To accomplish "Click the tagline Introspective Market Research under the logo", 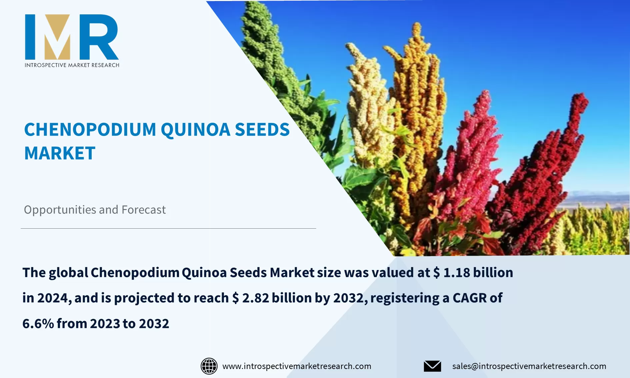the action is coord(72,65).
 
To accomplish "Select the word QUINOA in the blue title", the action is coord(195,130).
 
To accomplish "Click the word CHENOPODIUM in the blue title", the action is coord(90,129).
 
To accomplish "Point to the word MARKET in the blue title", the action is coord(60,153).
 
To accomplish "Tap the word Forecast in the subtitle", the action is coord(144,210).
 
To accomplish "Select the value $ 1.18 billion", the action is coord(473,273).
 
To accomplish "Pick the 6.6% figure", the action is coord(38,324).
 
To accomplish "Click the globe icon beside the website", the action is coord(209,366).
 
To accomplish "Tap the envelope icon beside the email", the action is coord(432,366).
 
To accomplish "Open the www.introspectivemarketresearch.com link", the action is coord(297,366).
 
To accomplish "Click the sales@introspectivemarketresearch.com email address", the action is coord(529,366).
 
